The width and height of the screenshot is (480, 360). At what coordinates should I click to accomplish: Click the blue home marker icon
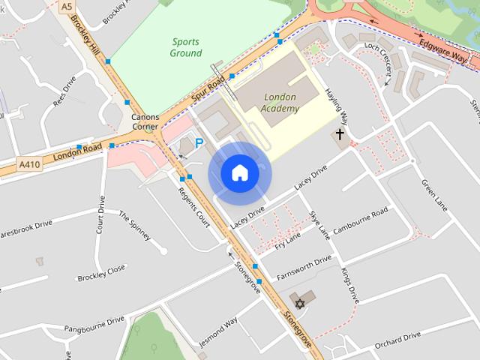pos(239,173)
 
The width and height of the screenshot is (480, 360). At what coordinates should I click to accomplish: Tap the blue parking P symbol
pos(199,142)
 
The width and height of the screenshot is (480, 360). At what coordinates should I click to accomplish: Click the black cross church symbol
pos(340,135)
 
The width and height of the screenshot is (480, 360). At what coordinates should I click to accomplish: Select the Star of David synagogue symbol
pos(300,304)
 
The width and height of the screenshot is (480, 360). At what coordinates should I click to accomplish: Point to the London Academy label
pos(281,103)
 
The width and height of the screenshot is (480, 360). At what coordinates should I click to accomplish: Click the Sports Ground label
pos(186,47)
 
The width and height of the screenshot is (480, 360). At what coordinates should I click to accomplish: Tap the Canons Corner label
pos(145,122)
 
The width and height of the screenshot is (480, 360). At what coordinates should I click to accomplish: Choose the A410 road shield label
pos(28,164)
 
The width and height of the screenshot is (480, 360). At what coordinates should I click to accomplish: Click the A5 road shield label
pos(67,5)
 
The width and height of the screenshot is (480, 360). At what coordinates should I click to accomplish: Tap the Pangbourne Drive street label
pos(94,325)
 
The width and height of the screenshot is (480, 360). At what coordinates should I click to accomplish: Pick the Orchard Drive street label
pos(397,339)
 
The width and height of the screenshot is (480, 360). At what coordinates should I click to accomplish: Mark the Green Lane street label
pos(434,193)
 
